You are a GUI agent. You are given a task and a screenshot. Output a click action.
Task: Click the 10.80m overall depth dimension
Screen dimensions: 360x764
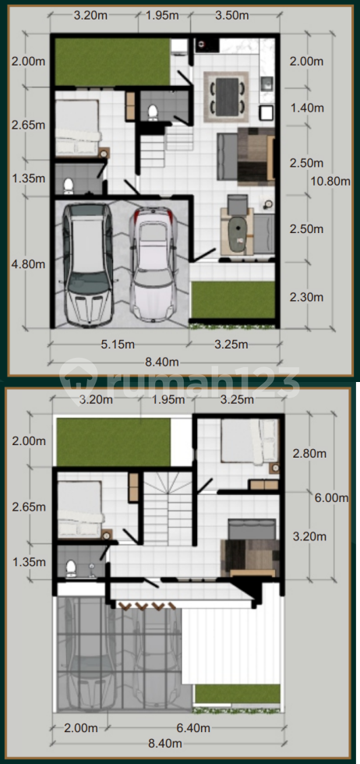click(x=330, y=181)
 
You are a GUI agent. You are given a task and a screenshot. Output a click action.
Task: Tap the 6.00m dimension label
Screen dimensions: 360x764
click(x=330, y=497)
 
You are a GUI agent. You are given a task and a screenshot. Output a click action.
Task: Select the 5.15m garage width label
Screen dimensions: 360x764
click(x=117, y=345)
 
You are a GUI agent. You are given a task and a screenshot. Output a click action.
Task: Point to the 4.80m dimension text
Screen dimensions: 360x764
click(x=28, y=264)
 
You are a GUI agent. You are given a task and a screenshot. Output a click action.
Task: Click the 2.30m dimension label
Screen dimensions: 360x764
click(x=306, y=297)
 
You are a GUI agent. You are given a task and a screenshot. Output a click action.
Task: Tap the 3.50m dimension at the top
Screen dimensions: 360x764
click(x=231, y=15)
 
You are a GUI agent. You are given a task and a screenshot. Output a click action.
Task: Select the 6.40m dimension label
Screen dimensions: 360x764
click(x=192, y=728)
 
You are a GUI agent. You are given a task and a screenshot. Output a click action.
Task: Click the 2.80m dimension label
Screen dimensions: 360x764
click(x=309, y=454)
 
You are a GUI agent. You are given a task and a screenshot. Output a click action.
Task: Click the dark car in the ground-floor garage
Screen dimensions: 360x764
click(x=88, y=264)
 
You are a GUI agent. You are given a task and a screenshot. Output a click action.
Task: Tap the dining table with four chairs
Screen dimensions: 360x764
click(x=227, y=97)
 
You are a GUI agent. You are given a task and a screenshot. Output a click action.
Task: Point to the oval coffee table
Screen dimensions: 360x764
click(x=238, y=230)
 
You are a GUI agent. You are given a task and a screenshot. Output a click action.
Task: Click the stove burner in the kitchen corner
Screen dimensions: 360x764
click(x=201, y=45)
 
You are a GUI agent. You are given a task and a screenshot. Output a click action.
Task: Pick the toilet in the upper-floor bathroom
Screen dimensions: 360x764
click(x=71, y=568)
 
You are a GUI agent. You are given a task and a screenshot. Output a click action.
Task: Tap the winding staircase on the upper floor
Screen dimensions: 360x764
click(x=169, y=507)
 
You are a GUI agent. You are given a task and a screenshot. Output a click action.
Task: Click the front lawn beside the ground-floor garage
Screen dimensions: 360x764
click(x=233, y=300)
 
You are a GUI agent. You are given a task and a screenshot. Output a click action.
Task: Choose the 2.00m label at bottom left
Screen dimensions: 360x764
click(x=81, y=728)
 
